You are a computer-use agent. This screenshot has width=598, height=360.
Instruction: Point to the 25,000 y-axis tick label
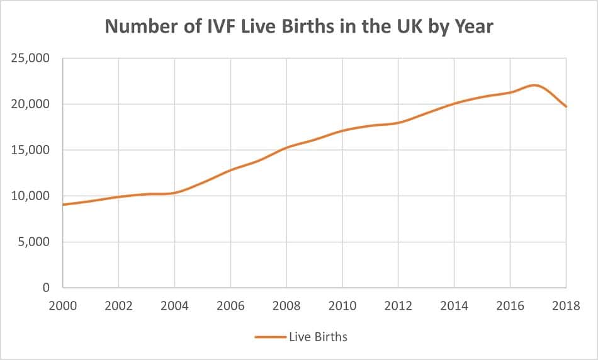click(x=31, y=59)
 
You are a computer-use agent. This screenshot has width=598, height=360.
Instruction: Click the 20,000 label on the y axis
click(x=31, y=104)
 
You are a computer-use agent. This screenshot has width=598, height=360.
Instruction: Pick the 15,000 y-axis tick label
click(x=31, y=150)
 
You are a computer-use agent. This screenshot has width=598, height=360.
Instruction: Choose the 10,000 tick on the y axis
click(x=31, y=196)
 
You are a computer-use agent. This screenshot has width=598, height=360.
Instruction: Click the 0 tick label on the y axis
click(x=46, y=288)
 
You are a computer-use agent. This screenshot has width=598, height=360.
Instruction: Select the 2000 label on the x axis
click(x=63, y=306)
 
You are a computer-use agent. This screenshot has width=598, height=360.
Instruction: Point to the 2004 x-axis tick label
click(x=174, y=306)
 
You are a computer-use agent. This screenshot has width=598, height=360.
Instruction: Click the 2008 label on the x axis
click(x=286, y=306)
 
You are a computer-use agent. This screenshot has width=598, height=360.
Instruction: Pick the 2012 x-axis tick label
click(x=398, y=306)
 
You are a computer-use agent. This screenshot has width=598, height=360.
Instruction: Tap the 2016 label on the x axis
click(x=510, y=306)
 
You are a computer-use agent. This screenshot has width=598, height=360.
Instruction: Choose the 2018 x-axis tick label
click(x=565, y=306)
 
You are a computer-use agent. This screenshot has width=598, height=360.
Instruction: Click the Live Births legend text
click(x=318, y=337)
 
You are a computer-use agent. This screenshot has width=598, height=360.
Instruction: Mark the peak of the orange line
click(x=534, y=85)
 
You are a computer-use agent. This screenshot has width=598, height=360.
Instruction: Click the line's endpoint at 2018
click(x=566, y=106)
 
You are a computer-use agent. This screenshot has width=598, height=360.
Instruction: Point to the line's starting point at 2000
click(x=63, y=205)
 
